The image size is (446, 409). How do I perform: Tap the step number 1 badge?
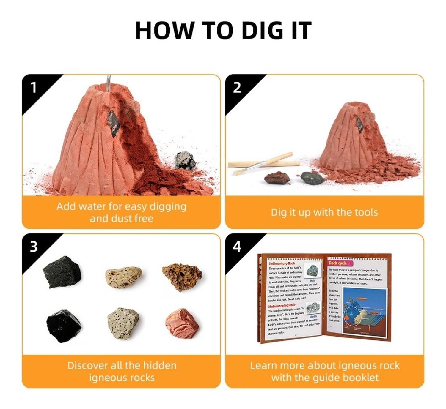coord(34,88)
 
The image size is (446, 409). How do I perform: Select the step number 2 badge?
coord(237,88)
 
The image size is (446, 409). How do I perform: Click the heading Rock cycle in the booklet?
coord(337,263)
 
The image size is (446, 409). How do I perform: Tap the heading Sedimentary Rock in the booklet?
coord(282,263)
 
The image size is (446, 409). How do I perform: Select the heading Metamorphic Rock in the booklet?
coord(282,306)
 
